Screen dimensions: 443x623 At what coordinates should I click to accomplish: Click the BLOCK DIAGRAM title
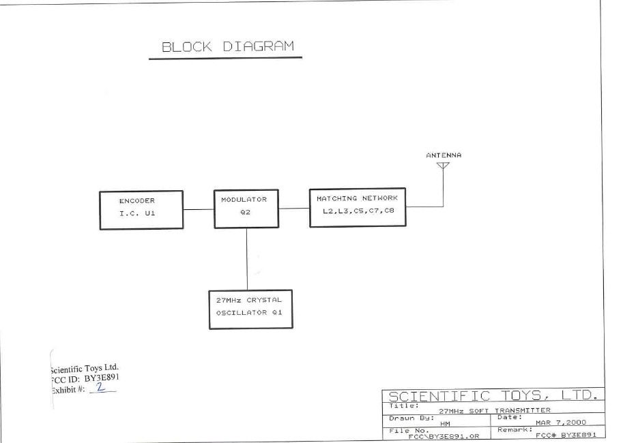[x=228, y=47]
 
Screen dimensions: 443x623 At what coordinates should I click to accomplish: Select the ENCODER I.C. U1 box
[x=141, y=209]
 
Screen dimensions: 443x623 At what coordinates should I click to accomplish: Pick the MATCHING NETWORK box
[x=357, y=207]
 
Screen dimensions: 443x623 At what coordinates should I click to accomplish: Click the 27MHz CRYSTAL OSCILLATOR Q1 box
[x=250, y=309]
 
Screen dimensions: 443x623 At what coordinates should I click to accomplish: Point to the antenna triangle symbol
[x=443, y=165]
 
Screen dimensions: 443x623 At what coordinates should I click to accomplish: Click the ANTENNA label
[x=444, y=155]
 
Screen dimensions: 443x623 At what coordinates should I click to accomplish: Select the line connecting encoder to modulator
[x=198, y=209]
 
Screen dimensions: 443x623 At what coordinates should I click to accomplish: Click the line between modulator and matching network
[x=294, y=208]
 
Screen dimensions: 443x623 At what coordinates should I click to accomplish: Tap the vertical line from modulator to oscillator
[x=247, y=259]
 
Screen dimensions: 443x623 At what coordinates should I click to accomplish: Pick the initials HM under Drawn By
[x=446, y=423]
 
